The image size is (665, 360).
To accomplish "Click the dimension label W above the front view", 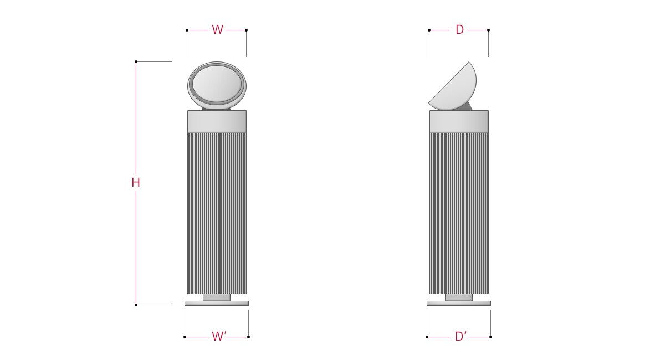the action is tap(217, 30).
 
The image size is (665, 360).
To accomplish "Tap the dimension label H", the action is tap(136, 183).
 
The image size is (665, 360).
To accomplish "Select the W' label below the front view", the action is tap(219, 336).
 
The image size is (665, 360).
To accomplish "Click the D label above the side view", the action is tap(459, 30).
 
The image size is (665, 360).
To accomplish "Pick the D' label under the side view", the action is tap(461, 336).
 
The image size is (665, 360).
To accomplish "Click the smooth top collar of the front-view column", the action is tap(217, 122).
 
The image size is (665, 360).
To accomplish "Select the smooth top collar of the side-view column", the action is tap(459, 122).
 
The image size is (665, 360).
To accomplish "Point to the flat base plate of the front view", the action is tap(217, 303).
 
